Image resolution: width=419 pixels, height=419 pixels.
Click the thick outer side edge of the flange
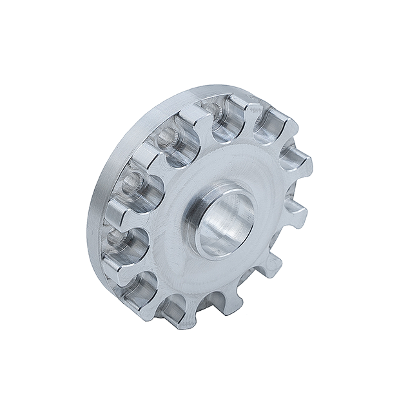coord(97,213)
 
